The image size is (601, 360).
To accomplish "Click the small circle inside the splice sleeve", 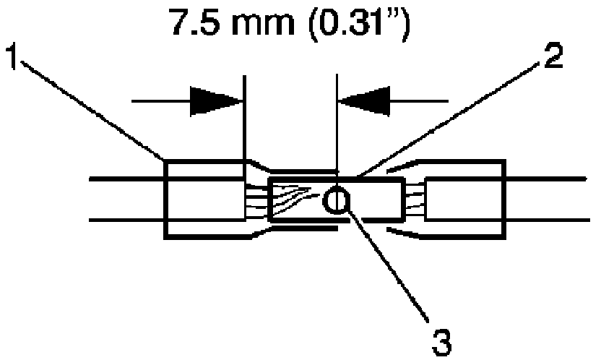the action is [x=334, y=199].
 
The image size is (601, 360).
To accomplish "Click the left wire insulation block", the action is [x=204, y=197].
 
